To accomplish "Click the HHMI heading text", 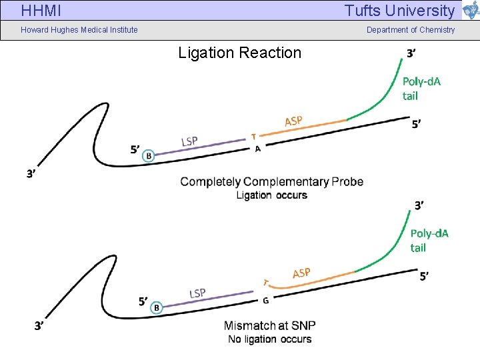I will click(x=41, y=11).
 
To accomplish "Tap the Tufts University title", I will click(x=399, y=11).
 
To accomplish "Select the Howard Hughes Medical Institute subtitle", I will click(x=79, y=29).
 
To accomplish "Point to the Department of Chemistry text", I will click(x=411, y=29).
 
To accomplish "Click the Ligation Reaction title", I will click(x=239, y=53).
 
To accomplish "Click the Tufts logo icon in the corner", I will click(x=471, y=11).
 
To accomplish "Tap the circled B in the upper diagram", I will click(x=149, y=155).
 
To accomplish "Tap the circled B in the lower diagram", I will click(x=157, y=307).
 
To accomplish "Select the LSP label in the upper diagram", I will click(x=190, y=141).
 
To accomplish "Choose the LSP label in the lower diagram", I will click(x=197, y=293).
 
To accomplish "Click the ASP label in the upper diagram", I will click(x=293, y=121).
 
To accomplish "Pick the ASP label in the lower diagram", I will click(x=301, y=273).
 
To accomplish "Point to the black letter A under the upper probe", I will click(x=257, y=149).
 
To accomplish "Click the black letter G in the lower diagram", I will click(x=265, y=301).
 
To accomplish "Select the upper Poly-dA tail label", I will click(x=421, y=88).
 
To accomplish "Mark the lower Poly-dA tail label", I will click(x=429, y=240).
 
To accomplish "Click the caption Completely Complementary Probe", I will click(x=271, y=181).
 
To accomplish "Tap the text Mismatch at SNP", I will click(x=269, y=325).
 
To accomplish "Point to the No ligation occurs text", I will click(x=269, y=339).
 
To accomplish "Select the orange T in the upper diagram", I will click(x=253, y=137).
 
